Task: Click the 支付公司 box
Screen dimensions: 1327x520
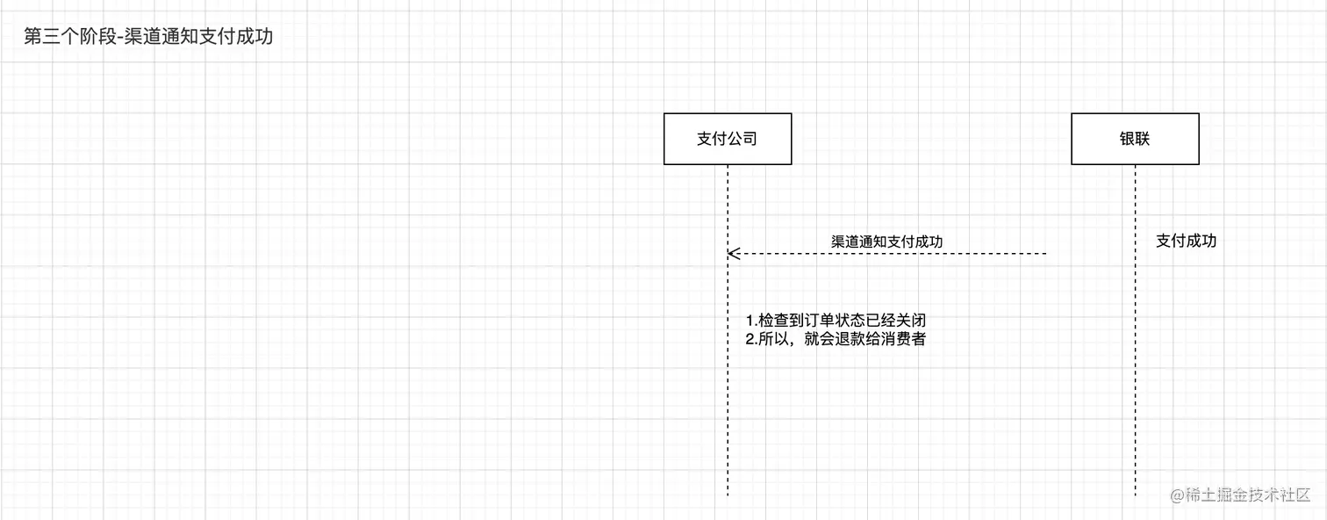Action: coord(728,139)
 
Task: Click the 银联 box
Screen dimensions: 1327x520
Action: coord(1135,139)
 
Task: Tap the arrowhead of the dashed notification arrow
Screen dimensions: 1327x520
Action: coord(731,254)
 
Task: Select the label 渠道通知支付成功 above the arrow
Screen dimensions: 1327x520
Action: coord(887,241)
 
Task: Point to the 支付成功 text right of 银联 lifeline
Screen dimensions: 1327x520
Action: coord(1186,241)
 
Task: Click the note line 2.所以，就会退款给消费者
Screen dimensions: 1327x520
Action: coord(836,340)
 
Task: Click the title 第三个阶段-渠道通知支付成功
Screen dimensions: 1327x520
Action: coord(148,38)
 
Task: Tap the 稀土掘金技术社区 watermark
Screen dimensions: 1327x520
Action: coord(1240,495)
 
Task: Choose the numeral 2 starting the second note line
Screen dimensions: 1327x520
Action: coord(750,340)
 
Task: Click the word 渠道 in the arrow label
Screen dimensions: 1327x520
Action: coord(845,241)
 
